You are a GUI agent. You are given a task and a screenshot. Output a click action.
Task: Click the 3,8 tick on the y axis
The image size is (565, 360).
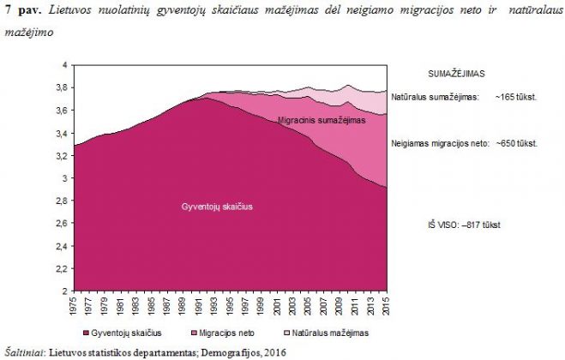click(63, 87)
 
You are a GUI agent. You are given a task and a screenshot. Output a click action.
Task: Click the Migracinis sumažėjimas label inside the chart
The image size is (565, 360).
click(322, 123)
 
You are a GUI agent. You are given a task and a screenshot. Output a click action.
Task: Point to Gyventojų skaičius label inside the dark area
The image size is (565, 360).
click(217, 207)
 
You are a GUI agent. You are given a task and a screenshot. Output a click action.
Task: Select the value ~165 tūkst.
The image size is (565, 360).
click(515, 98)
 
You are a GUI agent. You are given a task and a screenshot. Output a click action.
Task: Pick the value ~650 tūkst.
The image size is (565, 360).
click(515, 142)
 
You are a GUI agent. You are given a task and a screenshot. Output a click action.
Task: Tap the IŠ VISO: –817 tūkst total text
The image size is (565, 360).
click(464, 224)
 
